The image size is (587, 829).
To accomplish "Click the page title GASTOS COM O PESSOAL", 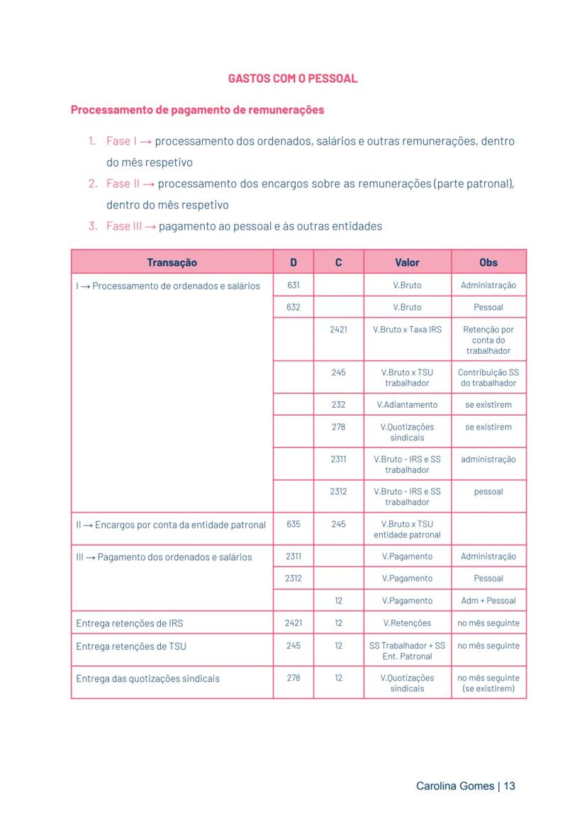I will tap(293, 79).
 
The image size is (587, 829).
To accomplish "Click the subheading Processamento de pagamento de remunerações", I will tap(198, 110).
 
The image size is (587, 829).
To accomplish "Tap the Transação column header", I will tap(172, 262).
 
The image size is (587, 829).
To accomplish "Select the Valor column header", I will tap(407, 262).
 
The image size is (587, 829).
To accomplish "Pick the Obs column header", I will tap(488, 262).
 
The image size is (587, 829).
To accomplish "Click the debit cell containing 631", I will tap(293, 285).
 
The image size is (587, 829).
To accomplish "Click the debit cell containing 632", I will tap(293, 307).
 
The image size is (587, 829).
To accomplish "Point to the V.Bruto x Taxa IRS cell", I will tap(407, 330).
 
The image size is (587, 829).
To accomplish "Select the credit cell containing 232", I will tap(338, 404).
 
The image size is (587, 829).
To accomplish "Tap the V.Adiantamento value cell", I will tap(407, 404).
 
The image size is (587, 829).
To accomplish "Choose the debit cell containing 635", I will tap(293, 524).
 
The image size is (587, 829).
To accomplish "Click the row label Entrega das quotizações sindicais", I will tap(147, 679).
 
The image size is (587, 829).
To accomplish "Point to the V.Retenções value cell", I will tap(407, 623).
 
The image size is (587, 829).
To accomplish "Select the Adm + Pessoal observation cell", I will tap(488, 601).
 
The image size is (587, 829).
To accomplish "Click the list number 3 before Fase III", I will tap(92, 226).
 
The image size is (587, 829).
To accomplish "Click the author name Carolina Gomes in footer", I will tap(454, 786).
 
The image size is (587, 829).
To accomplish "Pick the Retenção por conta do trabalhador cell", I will tap(488, 340).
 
